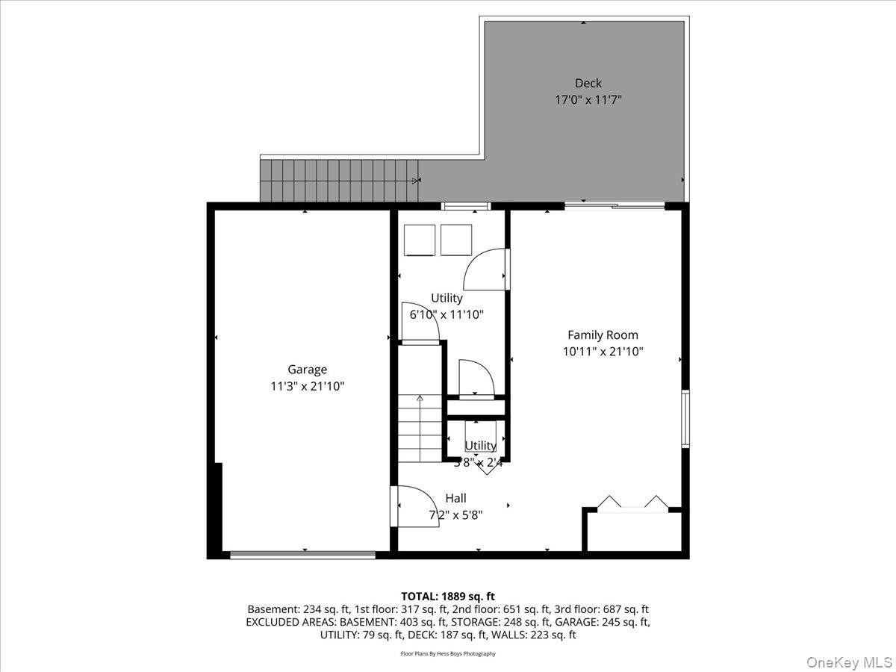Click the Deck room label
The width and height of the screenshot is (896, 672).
pyautogui.click(x=588, y=83)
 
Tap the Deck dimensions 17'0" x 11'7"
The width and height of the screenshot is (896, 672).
pyautogui.click(x=588, y=99)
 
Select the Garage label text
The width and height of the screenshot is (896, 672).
pyautogui.click(x=307, y=370)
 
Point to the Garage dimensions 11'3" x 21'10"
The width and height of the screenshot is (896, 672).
pyautogui.click(x=307, y=386)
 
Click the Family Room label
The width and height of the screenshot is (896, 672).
pyautogui.click(x=603, y=335)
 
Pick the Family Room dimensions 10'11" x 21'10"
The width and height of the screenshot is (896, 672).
pyautogui.click(x=603, y=351)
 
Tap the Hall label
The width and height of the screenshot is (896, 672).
pyautogui.click(x=455, y=498)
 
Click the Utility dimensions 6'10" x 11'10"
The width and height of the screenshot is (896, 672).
pyautogui.click(x=447, y=314)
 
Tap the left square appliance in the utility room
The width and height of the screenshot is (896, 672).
pyautogui.click(x=419, y=240)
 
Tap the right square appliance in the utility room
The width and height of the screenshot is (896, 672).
pyautogui.click(x=455, y=240)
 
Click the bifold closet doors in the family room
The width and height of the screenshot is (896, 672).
pyautogui.click(x=633, y=502)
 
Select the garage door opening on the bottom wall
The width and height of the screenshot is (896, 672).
pyautogui.click(x=302, y=555)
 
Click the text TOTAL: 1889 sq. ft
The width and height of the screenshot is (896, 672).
pyautogui.click(x=448, y=596)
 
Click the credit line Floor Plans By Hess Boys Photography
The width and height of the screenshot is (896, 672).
pyautogui.click(x=448, y=654)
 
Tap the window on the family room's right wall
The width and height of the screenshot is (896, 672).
pyautogui.click(x=685, y=418)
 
